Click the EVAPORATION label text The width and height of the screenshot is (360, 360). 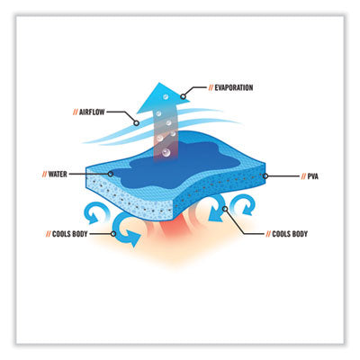click(x=234, y=87)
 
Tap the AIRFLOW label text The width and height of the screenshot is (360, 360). click(x=92, y=112)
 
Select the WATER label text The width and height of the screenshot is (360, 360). click(x=58, y=174)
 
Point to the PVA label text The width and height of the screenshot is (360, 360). click(x=313, y=176)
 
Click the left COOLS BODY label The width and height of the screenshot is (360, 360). click(x=70, y=234)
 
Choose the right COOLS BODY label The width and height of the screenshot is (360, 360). click(x=290, y=234)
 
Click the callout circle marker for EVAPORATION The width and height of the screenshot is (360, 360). click(x=183, y=96)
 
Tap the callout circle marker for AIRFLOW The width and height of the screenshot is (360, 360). click(x=136, y=123)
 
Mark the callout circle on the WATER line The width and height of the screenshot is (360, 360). click(x=111, y=174)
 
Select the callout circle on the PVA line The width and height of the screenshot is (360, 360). click(x=265, y=176)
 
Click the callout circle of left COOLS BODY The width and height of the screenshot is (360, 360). click(x=113, y=234)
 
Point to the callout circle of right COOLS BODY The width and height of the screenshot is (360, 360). click(x=225, y=209)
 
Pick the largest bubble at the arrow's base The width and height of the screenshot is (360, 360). click(x=166, y=153)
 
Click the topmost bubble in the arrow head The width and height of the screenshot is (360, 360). click(x=166, y=96)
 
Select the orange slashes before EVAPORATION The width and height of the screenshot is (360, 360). click(x=211, y=87)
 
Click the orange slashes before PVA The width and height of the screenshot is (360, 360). click(x=303, y=176)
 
